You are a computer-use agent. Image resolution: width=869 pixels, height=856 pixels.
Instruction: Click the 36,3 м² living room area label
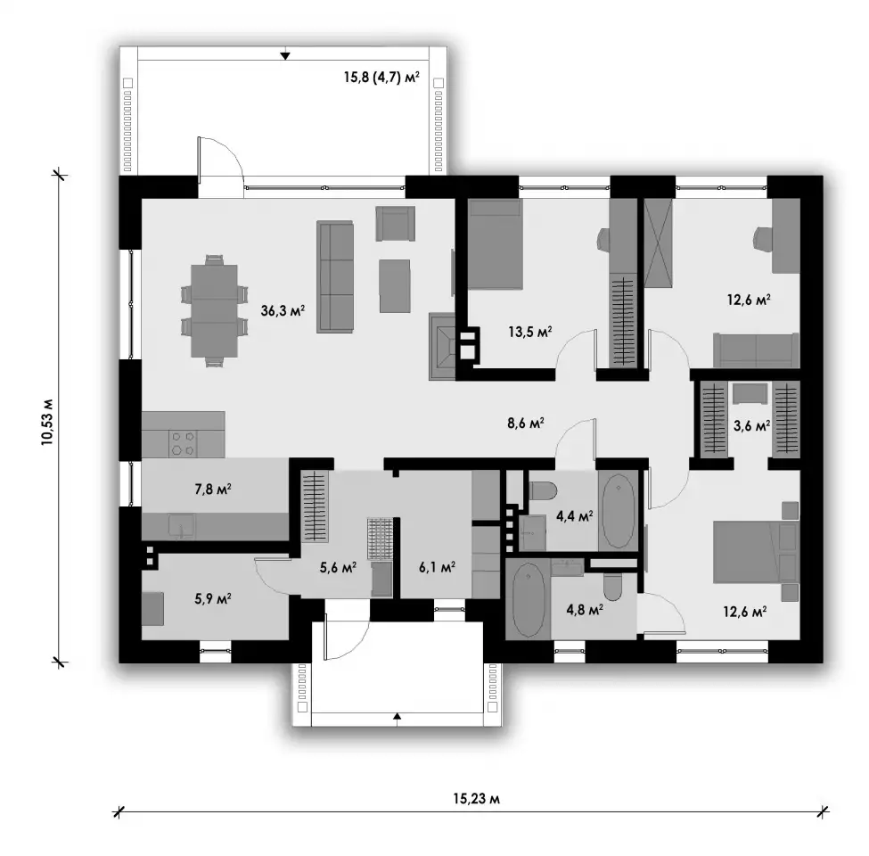pos(283,310)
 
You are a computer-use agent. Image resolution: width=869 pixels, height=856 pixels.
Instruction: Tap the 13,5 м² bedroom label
pos(529,332)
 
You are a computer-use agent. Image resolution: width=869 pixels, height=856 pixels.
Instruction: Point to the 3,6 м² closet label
pos(751,426)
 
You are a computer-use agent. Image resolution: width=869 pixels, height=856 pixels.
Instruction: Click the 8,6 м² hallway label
pos(525,424)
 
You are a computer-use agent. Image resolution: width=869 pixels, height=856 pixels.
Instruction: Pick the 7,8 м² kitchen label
pos(213,489)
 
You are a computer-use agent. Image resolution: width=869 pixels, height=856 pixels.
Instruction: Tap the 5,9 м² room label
pos(213,599)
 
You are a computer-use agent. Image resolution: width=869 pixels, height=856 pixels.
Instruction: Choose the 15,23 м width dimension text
pos(477,798)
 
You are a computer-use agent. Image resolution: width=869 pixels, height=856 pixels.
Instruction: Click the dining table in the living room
pos(214,310)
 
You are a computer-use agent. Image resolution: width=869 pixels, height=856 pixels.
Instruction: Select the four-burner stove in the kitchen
pos(183,443)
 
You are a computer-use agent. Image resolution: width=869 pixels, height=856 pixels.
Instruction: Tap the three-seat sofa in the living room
pos(335,277)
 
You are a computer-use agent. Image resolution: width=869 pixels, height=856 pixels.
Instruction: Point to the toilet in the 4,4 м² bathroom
pos(543,490)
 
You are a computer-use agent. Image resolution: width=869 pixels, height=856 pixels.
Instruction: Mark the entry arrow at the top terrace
pos(285,55)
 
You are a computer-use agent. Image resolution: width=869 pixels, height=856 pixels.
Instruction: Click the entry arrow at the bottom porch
pos(397,716)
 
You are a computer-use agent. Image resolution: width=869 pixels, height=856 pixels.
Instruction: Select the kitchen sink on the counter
pos(182,525)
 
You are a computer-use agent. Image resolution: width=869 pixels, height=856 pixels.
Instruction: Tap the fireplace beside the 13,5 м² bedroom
pos(443,346)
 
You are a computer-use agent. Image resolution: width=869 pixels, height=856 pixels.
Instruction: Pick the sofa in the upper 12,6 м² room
pos(756,350)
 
